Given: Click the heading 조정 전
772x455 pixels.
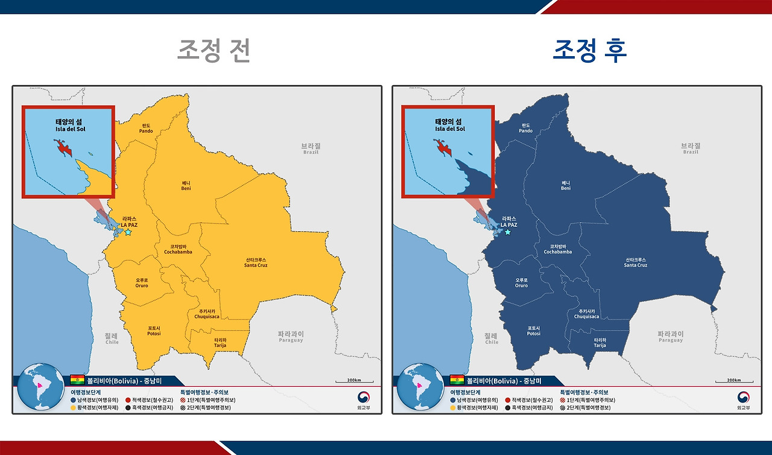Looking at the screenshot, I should [x=214, y=51].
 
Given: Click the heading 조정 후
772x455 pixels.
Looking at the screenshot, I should [x=589, y=51].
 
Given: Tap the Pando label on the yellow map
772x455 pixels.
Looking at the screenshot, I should [x=146, y=128].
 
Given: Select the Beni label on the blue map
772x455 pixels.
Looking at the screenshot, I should [x=566, y=185].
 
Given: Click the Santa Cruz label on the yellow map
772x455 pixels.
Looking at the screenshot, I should [x=256, y=262].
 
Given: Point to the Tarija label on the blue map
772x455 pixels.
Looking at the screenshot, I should [x=600, y=343].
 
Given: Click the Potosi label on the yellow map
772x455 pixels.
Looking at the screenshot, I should [x=154, y=331].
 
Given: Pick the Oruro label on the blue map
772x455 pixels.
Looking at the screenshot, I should [x=522, y=282].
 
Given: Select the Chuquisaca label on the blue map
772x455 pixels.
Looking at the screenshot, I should [x=586, y=314].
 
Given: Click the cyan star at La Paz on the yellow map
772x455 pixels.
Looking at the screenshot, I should [x=128, y=232].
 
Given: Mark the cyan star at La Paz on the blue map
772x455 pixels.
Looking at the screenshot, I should [x=508, y=232].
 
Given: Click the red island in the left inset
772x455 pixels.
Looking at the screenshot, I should [x=63, y=147].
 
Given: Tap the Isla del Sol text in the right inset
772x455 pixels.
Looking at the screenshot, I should [x=450, y=129].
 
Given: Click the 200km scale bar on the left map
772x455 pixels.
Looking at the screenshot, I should [x=354, y=381].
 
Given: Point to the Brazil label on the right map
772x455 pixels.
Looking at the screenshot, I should [x=691, y=148].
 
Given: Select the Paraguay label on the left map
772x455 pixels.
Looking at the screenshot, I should [x=291, y=337].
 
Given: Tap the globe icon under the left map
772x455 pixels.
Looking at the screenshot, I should [x=40, y=387].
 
